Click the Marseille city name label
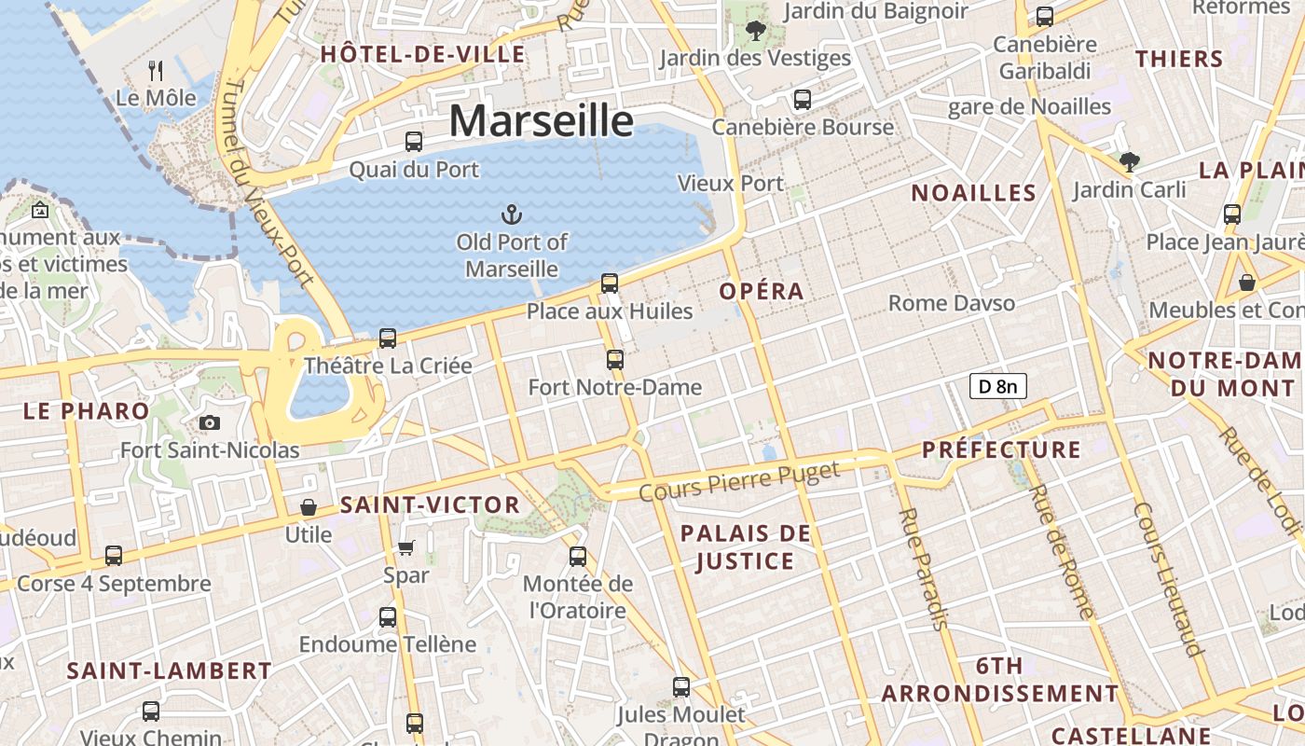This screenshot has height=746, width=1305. pyautogui.click(x=542, y=121)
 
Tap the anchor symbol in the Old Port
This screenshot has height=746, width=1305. pyautogui.click(x=511, y=215)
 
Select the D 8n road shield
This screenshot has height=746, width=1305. pyautogui.click(x=998, y=385)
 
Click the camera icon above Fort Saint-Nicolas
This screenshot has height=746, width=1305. pyautogui.click(x=210, y=422)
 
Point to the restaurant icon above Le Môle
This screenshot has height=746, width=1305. pyautogui.click(x=156, y=70)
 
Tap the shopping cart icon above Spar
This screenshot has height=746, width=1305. pyautogui.click(x=405, y=547)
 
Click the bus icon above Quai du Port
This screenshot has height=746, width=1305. pyautogui.click(x=413, y=142)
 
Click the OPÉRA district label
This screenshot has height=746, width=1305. pyautogui.click(x=762, y=291)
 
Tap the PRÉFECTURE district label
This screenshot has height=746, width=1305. pyautogui.click(x=1001, y=449)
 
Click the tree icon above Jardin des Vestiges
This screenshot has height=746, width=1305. pyautogui.click(x=755, y=31)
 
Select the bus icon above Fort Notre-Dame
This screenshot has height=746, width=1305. pyautogui.click(x=614, y=359)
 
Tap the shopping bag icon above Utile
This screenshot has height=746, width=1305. pyautogui.click(x=308, y=507)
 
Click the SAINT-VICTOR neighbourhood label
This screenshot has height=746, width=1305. pyautogui.click(x=430, y=504)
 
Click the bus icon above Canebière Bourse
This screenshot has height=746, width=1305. pyautogui.click(x=803, y=100)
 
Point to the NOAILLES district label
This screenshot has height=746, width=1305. pyautogui.click(x=973, y=193)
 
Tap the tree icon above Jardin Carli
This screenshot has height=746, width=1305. pyautogui.click(x=1129, y=162)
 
